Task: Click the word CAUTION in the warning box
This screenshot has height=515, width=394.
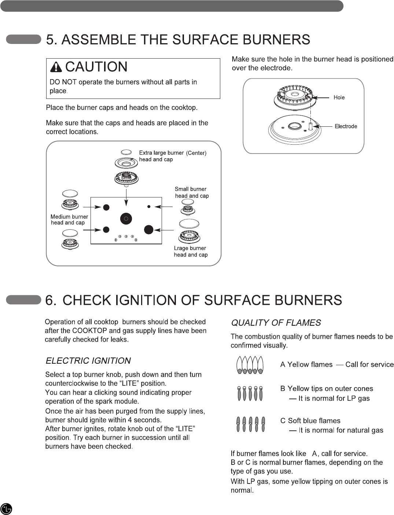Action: pos(96,67)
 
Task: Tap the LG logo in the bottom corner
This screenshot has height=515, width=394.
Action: pos(7,509)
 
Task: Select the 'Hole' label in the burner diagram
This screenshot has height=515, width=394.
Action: pos(339,97)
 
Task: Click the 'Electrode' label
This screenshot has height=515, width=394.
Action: pos(346,126)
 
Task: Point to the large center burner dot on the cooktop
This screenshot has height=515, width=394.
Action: pos(126,218)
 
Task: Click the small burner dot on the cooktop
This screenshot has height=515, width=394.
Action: pos(149,207)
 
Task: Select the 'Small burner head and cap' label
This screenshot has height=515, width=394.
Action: pos(191,192)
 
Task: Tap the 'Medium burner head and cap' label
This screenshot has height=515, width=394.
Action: pos(69,220)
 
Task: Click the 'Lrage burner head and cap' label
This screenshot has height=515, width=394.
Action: pos(190,251)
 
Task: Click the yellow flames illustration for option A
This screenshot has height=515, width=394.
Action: pos(250,365)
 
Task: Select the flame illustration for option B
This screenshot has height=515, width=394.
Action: pos(250,394)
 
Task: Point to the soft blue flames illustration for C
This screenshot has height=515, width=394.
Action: pos(250,425)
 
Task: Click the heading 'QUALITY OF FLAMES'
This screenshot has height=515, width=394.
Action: pos(276,323)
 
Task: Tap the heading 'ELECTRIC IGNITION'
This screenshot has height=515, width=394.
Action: pos(88,361)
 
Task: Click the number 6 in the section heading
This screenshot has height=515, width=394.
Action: pos(50,300)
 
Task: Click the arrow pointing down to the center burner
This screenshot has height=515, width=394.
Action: pos(126,198)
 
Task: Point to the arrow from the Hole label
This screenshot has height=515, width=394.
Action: pos(321,98)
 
